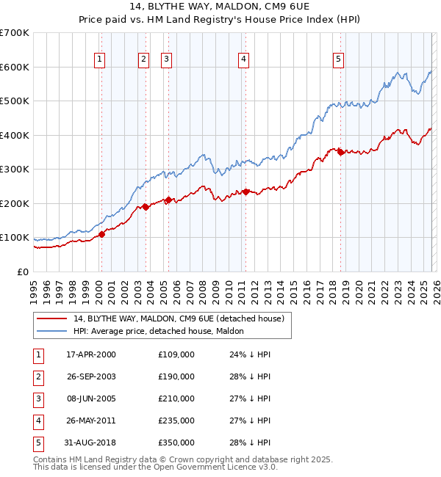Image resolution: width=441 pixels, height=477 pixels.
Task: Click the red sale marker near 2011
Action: tap(245, 192)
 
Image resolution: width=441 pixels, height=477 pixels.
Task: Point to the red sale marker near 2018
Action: tap(340, 152)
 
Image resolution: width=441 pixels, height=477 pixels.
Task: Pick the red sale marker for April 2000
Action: tap(102, 234)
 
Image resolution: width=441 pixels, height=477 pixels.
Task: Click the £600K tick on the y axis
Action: tap(15, 67)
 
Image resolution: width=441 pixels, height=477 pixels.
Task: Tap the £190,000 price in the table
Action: tap(176, 376)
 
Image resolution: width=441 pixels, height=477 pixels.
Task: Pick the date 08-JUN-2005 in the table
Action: tap(91, 398)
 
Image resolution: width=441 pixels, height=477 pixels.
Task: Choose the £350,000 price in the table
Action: tap(176, 443)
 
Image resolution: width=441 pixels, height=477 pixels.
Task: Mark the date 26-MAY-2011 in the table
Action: tap(91, 420)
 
